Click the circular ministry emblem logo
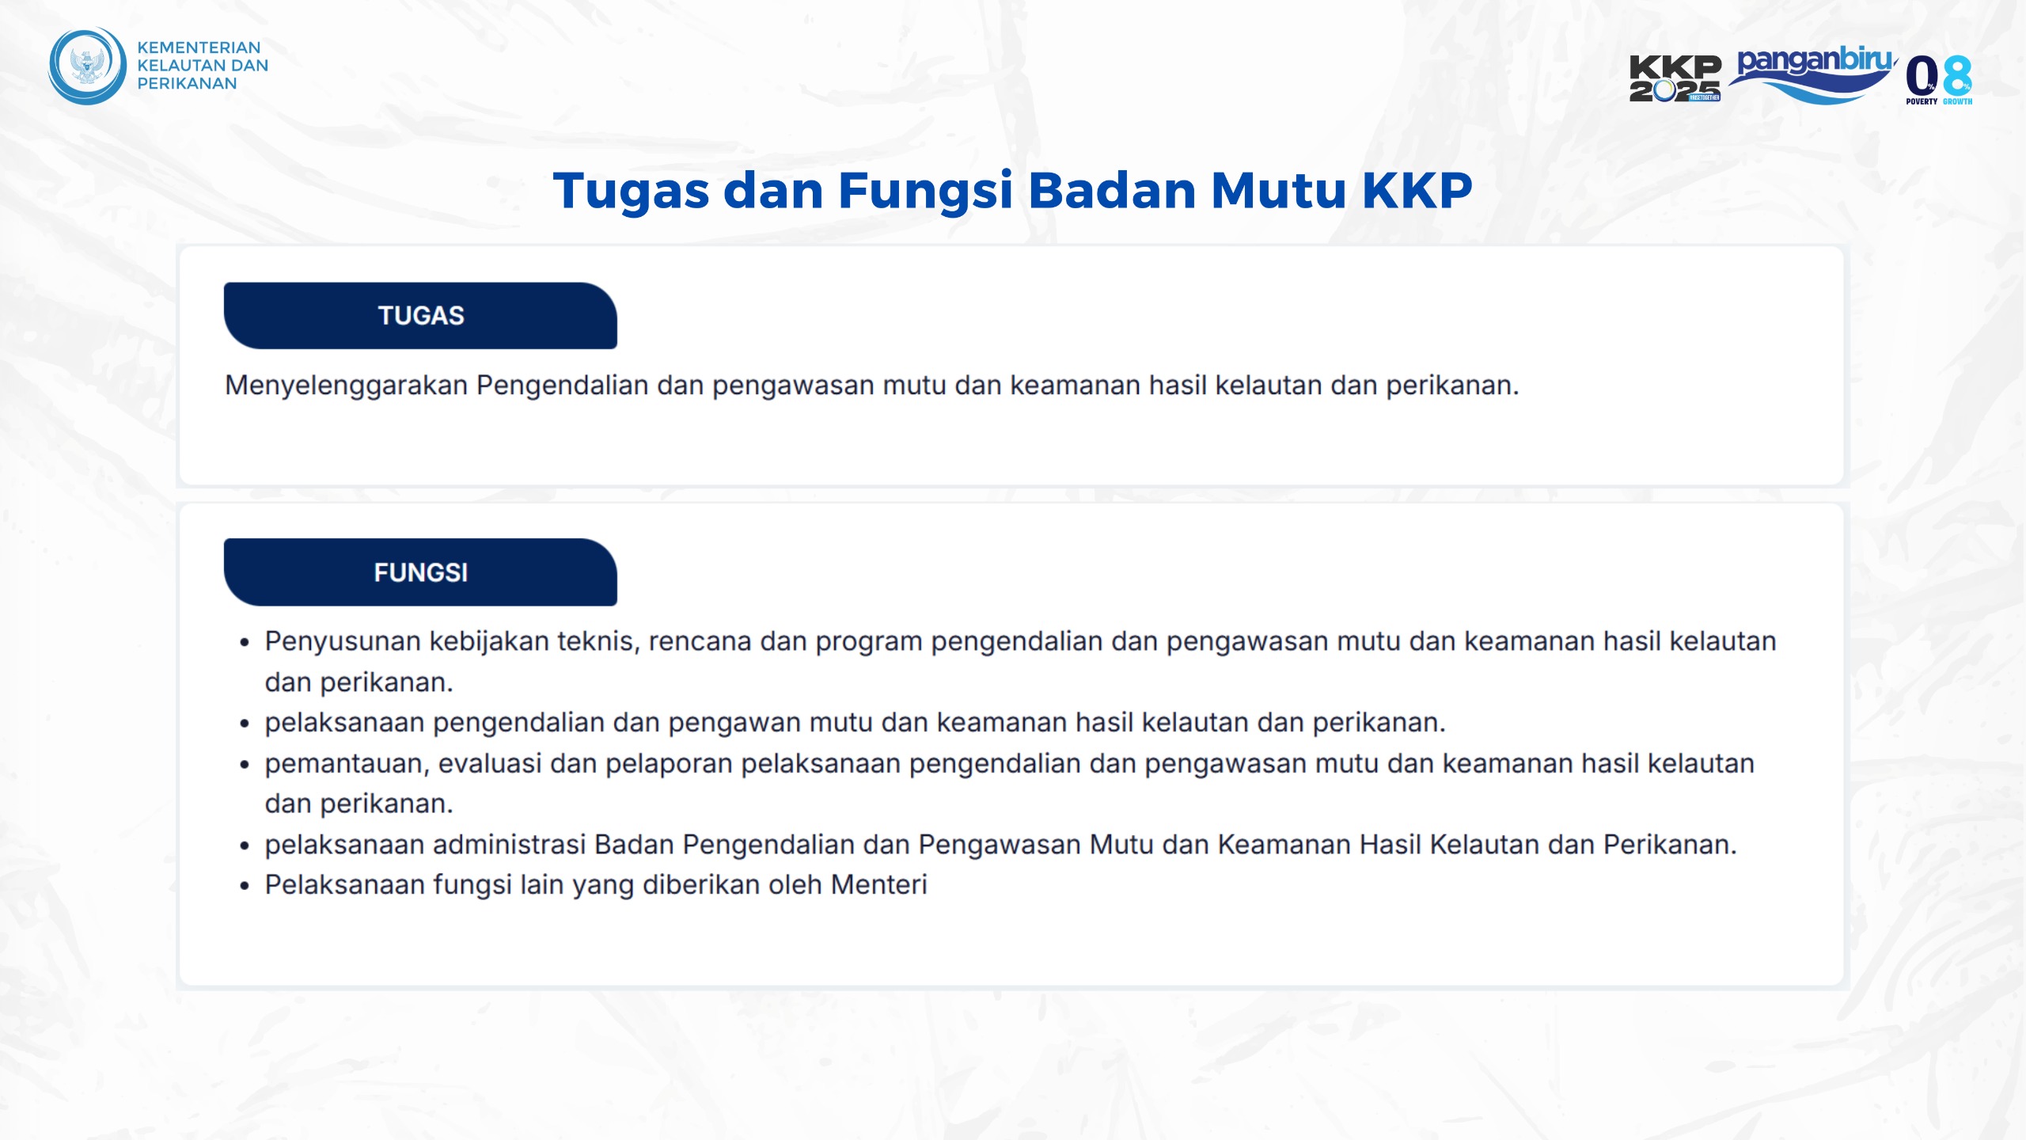(87, 66)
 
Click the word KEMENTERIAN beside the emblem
(199, 47)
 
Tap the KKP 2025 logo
(1675, 78)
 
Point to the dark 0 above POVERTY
(1922, 76)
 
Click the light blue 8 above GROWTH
(1957, 76)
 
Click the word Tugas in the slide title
(631, 192)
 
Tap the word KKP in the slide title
(1417, 191)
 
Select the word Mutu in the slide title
(1278, 191)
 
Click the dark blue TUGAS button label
(420, 316)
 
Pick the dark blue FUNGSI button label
(420, 572)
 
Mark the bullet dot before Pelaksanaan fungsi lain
(245, 887)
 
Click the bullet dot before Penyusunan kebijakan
(245, 643)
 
